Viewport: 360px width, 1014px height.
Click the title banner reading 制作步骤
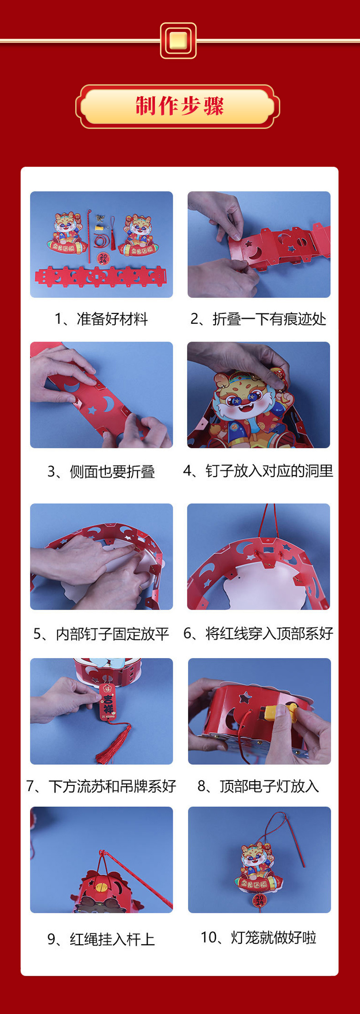179,106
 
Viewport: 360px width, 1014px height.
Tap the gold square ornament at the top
178,41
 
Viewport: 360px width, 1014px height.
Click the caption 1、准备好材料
101,319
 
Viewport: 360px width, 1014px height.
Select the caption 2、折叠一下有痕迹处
258,319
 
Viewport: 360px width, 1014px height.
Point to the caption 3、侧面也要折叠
101,471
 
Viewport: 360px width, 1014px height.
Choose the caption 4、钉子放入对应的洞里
258,471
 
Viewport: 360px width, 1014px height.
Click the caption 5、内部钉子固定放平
101,634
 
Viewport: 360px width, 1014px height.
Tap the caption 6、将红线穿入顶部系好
258,633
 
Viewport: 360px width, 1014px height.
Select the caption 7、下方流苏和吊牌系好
101,786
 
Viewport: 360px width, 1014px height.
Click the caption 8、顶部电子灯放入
258,786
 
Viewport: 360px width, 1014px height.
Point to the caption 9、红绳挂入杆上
101,939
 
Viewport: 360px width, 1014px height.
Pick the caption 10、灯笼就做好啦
258,937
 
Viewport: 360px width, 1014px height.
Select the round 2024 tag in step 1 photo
103,258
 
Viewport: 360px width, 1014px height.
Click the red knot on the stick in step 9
103,852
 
